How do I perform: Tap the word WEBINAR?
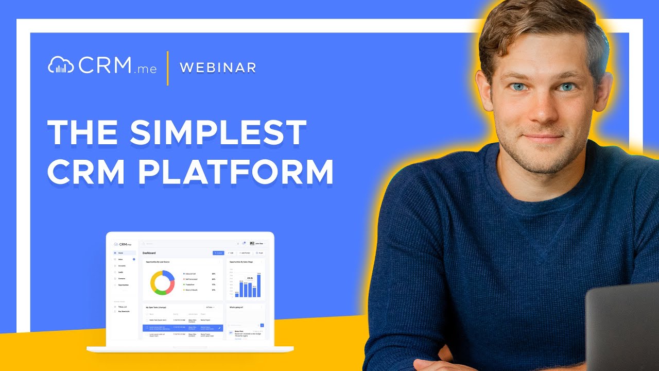pyautogui.click(x=218, y=68)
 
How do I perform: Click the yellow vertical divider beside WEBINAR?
pyautogui.click(x=168, y=68)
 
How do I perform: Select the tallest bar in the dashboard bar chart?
pyautogui.click(x=259, y=285)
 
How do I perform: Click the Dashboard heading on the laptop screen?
pyautogui.click(x=149, y=253)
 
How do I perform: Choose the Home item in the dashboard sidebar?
pyautogui.click(x=121, y=253)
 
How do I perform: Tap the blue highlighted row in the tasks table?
pyautogui.click(x=183, y=328)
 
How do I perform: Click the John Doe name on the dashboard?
pyautogui.click(x=259, y=243)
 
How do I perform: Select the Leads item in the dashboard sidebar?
pyautogui.click(x=120, y=272)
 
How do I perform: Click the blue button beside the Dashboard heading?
pyautogui.click(x=218, y=253)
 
